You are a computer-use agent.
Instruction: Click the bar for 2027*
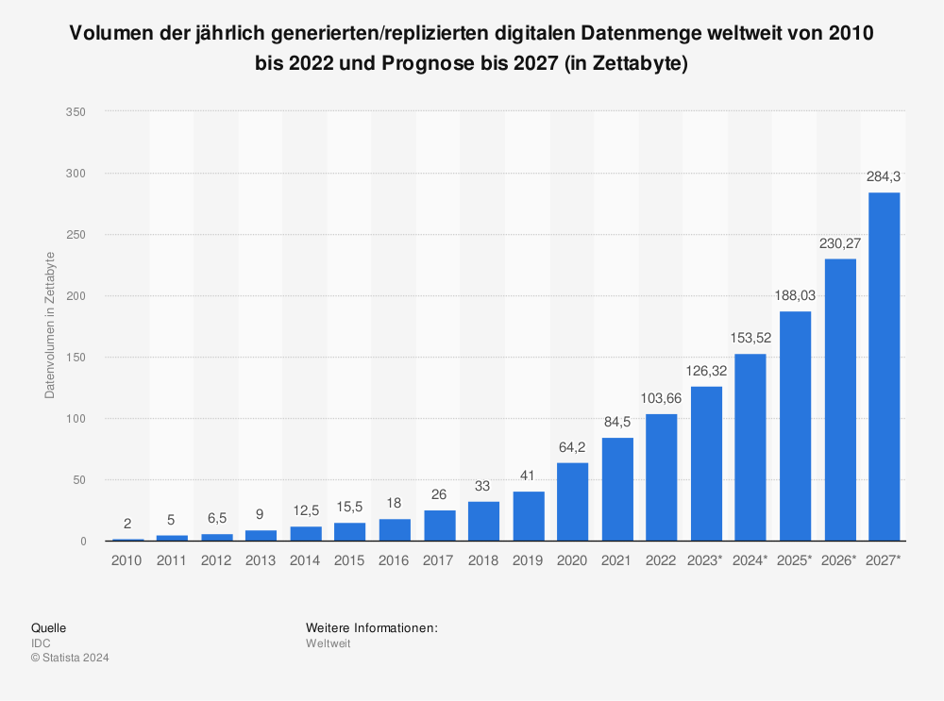pos(884,367)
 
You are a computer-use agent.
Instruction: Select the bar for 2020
pos(573,502)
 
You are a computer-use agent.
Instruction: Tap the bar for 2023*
pos(706,463)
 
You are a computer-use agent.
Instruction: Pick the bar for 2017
pos(439,526)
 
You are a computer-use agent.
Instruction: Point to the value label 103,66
pos(662,398)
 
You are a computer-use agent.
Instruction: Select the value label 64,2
pos(573,447)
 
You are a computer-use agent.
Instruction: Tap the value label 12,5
pos(306,510)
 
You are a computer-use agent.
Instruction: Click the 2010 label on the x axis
pos(127,560)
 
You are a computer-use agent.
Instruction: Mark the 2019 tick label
pos(529,560)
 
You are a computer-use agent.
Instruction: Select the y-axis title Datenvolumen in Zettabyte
pos(50,325)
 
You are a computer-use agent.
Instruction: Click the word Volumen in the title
pos(109,36)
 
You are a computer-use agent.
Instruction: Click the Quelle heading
pos(48,627)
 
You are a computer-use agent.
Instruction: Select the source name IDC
pos(42,643)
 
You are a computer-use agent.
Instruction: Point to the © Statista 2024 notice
pos(70,659)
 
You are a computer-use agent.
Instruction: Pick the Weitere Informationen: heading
pos(371,627)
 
